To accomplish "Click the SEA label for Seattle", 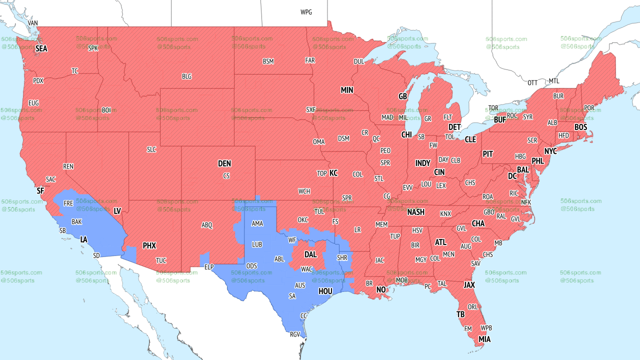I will (x=41, y=48).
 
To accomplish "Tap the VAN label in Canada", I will (x=32, y=23).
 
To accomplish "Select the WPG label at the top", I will (x=306, y=12).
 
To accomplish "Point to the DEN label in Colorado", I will (x=224, y=163).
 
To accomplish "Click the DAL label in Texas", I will (x=310, y=254).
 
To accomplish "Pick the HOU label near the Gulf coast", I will (x=325, y=291).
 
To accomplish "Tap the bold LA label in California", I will (x=84, y=239).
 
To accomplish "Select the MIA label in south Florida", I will (x=484, y=339).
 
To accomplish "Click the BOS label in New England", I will (x=580, y=127).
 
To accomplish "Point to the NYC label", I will (x=550, y=151).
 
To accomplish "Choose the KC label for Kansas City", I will (x=333, y=173).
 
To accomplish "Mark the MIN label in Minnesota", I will (x=347, y=90).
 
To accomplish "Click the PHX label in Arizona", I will (x=149, y=245).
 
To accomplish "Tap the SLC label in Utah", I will (x=151, y=149).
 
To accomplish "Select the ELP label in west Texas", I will (x=209, y=267).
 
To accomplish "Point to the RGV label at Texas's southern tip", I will (x=295, y=334).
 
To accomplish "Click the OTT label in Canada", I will (x=533, y=82).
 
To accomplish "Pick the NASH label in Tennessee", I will (x=415, y=212).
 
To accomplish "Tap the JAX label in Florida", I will (x=469, y=285).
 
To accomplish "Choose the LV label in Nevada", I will (x=117, y=211).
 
